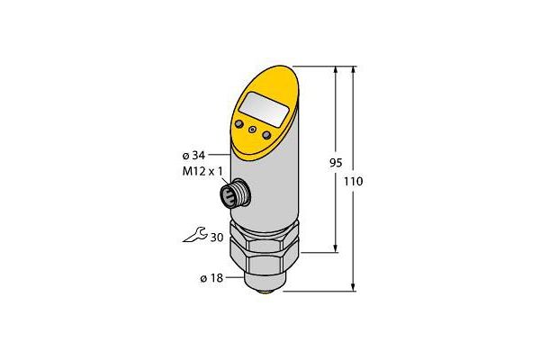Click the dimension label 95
[336, 163]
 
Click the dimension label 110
[354, 181]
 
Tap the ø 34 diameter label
[193, 156]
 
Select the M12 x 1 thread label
[202, 171]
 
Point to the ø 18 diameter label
[211, 278]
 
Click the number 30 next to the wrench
[217, 238]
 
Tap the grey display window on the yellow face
[264, 109]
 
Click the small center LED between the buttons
[252, 130]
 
